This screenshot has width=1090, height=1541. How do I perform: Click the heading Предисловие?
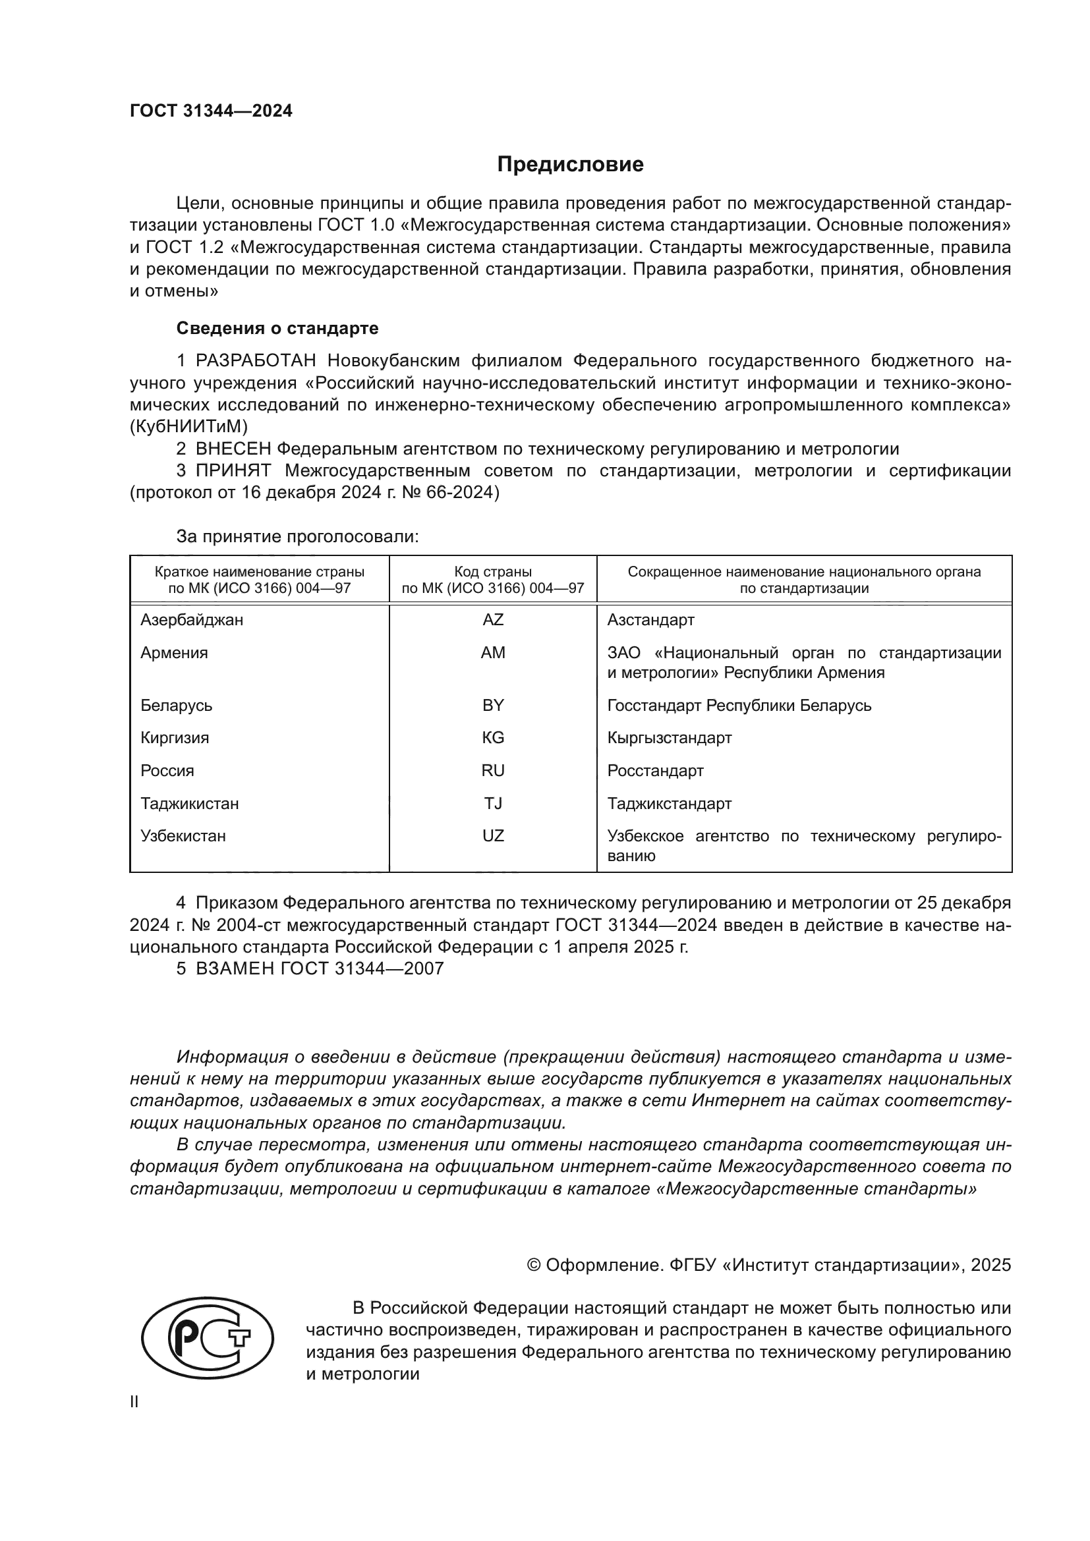570,165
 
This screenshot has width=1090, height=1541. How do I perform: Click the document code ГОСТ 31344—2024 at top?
211,111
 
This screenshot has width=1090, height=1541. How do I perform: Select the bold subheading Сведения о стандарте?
277,328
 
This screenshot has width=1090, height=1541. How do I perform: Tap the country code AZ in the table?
493,619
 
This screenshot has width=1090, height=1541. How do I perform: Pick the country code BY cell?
493,706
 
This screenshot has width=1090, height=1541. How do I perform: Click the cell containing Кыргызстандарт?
669,738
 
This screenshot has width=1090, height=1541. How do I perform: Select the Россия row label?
167,771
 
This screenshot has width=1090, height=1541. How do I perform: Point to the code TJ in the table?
493,803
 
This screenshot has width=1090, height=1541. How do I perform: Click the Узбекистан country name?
183,835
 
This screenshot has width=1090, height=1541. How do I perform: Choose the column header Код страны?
493,572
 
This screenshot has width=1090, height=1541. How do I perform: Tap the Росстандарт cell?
655,771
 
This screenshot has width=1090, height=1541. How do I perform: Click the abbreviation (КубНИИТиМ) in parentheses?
188,426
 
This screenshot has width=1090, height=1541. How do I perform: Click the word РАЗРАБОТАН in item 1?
256,361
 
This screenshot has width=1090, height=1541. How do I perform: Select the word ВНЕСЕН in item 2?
233,449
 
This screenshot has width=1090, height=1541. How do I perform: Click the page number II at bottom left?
134,1401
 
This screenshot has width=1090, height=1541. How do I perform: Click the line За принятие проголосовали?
297,536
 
